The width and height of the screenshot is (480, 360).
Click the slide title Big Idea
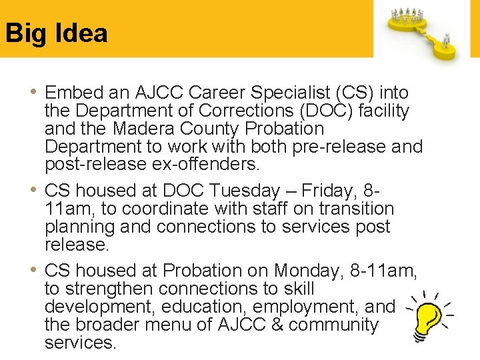[x=57, y=33]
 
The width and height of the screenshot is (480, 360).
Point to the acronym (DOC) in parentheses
[x=323, y=111]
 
